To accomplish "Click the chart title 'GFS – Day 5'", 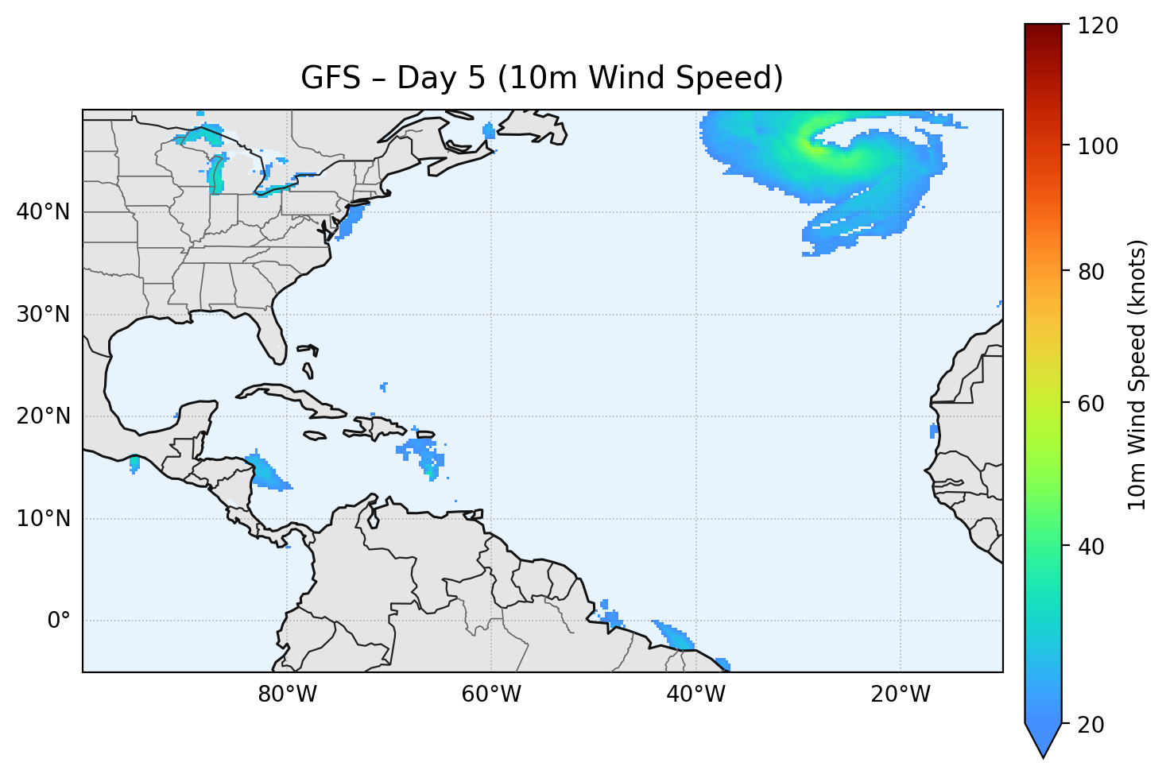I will coord(541,78).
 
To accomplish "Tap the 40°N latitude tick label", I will coord(43,212).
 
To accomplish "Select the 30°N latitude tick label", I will coord(43,315).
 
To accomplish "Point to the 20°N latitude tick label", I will coord(43,416).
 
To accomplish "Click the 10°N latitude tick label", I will coord(43,519).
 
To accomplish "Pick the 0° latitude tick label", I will coord(59,621).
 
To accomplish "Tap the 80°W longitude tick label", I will coord(287,695).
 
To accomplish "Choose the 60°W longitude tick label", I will coord(491,695).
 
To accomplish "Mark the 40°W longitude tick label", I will coord(695,695).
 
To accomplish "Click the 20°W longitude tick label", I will coord(900,695).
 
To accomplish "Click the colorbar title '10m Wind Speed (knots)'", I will coord(1137,374).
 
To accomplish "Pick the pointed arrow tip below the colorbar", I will coord(1043,751).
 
